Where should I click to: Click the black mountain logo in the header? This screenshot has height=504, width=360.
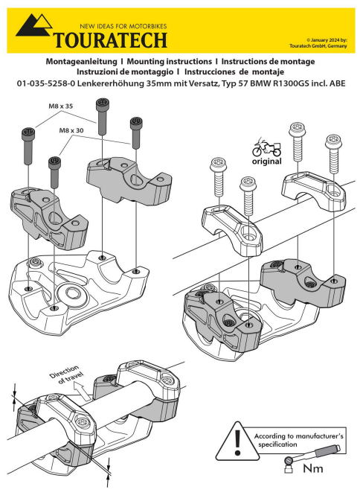[33, 28]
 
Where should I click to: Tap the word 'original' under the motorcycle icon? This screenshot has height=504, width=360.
[266, 161]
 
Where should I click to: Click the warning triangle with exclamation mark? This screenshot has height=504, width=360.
[236, 444]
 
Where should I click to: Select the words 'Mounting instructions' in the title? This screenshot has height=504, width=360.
[170, 57]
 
